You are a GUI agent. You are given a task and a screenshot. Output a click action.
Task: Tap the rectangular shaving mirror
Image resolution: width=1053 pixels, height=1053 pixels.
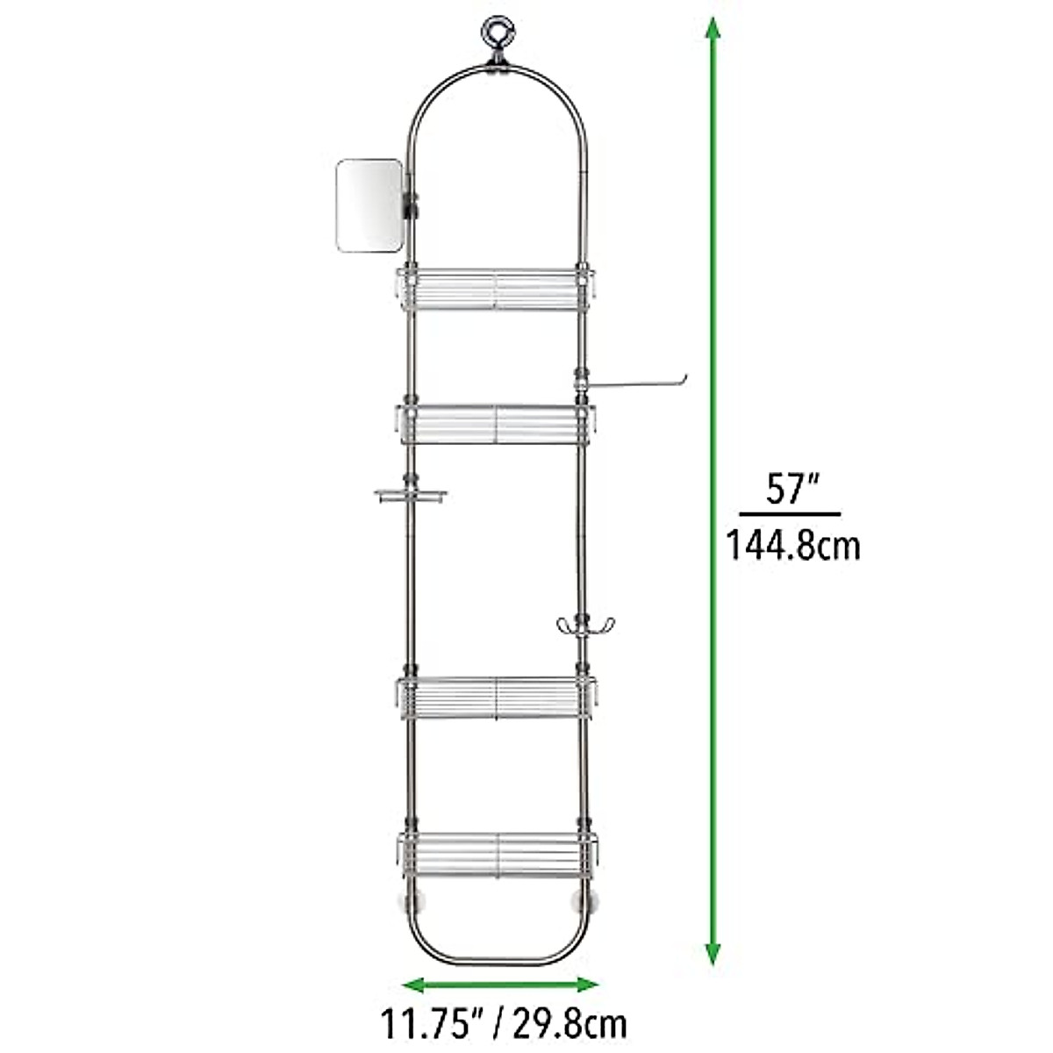pyautogui.click(x=369, y=204)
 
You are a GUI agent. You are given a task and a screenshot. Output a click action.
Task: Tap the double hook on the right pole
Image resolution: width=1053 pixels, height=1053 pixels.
pyautogui.click(x=579, y=627)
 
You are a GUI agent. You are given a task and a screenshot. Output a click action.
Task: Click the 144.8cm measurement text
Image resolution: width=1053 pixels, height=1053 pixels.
pyautogui.click(x=792, y=546)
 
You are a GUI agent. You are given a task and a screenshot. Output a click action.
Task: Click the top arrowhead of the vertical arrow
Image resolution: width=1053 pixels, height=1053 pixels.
pyautogui.click(x=713, y=32)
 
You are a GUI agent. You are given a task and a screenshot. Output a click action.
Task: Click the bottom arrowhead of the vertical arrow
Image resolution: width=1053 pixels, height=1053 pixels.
pyautogui.click(x=713, y=952)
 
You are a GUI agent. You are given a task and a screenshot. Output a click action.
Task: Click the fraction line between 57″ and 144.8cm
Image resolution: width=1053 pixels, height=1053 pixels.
pyautogui.click(x=790, y=514)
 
